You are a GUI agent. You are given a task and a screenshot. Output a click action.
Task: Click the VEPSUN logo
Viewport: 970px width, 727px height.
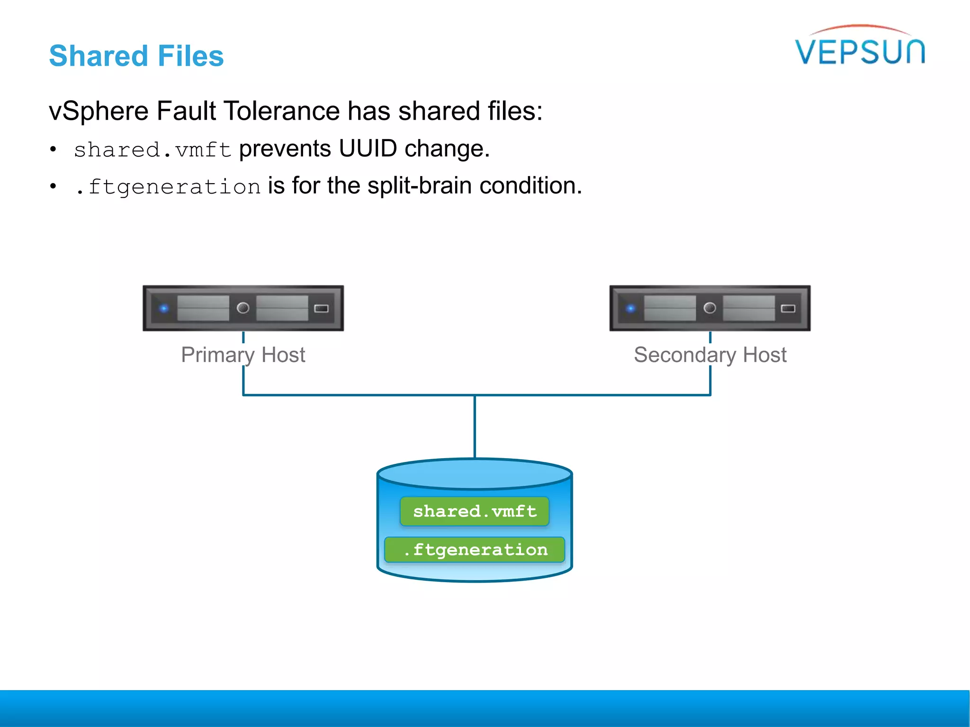[x=860, y=47]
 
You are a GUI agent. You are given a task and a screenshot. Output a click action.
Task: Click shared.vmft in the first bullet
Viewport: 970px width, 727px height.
[x=152, y=150]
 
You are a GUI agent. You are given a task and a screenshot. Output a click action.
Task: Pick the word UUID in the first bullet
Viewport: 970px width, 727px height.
[x=368, y=149]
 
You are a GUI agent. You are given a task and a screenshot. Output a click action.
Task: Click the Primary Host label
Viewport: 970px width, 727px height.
[x=243, y=355]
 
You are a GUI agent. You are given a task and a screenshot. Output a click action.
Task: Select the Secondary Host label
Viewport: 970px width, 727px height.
[x=710, y=355]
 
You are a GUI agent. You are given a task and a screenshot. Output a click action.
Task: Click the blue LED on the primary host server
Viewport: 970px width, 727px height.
[x=164, y=309]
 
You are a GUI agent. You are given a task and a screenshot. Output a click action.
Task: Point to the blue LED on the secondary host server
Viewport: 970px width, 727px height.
[x=630, y=309]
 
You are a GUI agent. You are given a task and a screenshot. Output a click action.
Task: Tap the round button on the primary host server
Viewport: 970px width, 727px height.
[x=243, y=308]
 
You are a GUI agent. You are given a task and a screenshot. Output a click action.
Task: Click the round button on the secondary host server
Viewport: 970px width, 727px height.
[x=710, y=308]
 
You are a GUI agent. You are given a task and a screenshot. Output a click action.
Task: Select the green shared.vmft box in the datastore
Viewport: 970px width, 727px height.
[x=475, y=511]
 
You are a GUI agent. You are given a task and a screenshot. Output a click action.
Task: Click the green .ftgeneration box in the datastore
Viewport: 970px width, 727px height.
[x=475, y=550]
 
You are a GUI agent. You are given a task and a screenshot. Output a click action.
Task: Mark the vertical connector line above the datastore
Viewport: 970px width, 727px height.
[x=475, y=426]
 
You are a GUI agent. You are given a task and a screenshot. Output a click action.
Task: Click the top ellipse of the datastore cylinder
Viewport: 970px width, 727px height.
[x=475, y=474]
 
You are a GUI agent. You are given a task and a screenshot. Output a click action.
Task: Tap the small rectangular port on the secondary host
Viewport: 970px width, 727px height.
[x=788, y=309]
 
